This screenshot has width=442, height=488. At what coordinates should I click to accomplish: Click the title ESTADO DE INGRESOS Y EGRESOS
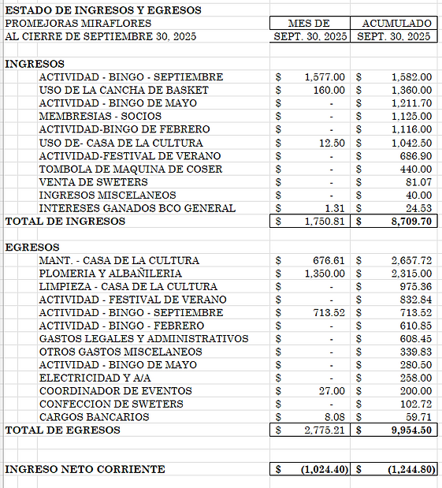(x=103, y=10)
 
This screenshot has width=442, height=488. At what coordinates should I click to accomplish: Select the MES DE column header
(x=309, y=24)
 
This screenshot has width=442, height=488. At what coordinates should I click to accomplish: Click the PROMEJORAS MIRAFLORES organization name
(x=67, y=24)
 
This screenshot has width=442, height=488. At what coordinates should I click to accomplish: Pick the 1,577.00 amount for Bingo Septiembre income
(x=324, y=77)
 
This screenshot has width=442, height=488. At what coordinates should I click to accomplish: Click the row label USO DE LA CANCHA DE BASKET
(x=124, y=91)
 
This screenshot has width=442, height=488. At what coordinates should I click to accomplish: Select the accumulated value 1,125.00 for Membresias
(x=411, y=117)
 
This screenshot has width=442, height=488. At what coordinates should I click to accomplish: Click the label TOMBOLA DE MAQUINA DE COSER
(x=131, y=169)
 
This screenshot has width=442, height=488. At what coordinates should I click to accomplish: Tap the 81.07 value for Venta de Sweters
(x=418, y=182)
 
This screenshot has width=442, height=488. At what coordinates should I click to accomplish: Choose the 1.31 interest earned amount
(x=335, y=208)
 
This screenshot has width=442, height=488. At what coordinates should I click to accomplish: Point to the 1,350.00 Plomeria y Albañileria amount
(x=324, y=274)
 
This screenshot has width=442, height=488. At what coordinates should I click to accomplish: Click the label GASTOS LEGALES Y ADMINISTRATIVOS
(x=143, y=339)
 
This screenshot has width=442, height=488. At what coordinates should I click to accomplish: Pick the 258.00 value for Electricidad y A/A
(x=415, y=378)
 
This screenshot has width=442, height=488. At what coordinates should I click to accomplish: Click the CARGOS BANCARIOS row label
(x=94, y=417)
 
